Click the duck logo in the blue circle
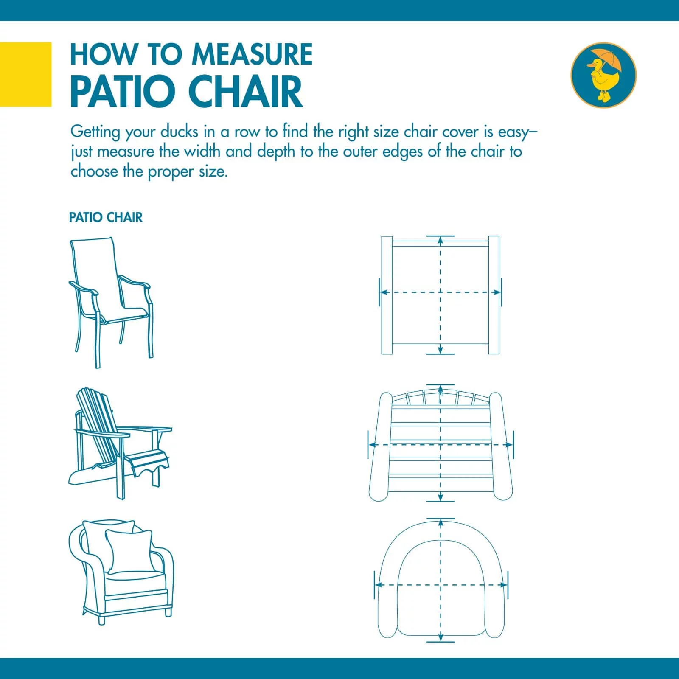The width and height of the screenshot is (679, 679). pyautogui.click(x=603, y=75)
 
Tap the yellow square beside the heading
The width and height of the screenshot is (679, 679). pyautogui.click(x=25, y=74)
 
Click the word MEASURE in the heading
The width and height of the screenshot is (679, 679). pyautogui.click(x=252, y=54)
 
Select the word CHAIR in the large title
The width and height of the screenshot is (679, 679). pyautogui.click(x=245, y=92)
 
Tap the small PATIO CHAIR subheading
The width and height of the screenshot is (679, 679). pyautogui.click(x=106, y=218)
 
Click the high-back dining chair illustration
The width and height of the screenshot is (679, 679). pyautogui.click(x=110, y=302)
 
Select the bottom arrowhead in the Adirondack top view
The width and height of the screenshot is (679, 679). pyautogui.click(x=441, y=496)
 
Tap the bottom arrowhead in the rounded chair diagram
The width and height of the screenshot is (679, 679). pyautogui.click(x=441, y=649)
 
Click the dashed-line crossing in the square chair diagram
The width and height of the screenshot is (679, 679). pyautogui.click(x=441, y=292)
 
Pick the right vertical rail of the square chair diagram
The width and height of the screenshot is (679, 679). pyautogui.click(x=494, y=295)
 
